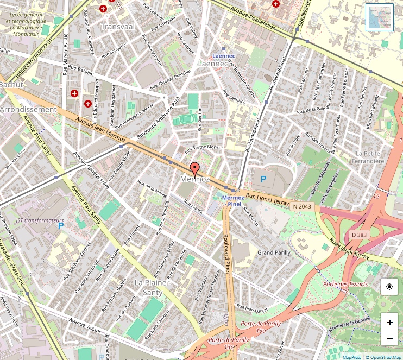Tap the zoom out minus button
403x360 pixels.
[x=389, y=339]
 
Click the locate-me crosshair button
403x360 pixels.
[x=389, y=287]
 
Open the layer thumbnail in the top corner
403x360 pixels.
[x=379, y=17]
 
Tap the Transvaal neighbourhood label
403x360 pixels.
[x=118, y=26]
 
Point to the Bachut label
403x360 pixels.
[x=11, y=85]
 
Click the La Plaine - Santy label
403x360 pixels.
[x=153, y=287]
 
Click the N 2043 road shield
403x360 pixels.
[x=301, y=206]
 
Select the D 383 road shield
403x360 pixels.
[x=359, y=235]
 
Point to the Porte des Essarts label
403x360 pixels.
[x=345, y=284]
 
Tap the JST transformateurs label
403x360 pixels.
[x=36, y=220]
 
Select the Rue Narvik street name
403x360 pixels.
[x=194, y=208]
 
